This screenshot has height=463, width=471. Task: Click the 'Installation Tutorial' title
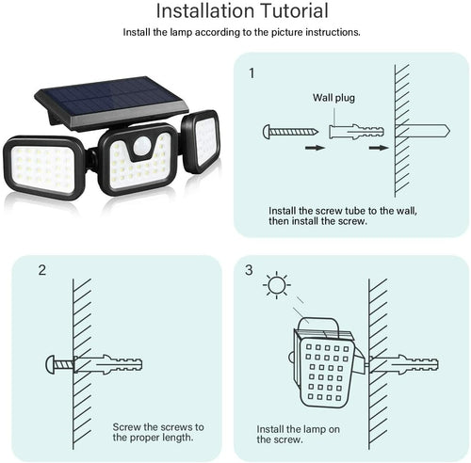point(241,11)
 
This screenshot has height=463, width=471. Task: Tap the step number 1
point(252,72)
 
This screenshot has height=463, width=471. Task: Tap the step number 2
point(42,271)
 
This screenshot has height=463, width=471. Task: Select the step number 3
point(249,271)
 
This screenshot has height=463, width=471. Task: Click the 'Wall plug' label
point(333,97)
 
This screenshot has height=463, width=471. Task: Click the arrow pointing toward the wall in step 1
point(377,147)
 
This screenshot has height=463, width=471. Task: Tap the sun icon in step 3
point(275,283)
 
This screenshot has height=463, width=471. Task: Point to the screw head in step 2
point(49,363)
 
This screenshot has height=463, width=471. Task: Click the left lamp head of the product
point(43,167)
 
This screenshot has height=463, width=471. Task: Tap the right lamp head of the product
point(201,141)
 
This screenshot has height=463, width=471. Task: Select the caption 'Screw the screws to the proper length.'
point(158,432)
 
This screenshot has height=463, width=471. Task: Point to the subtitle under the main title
point(241,32)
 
